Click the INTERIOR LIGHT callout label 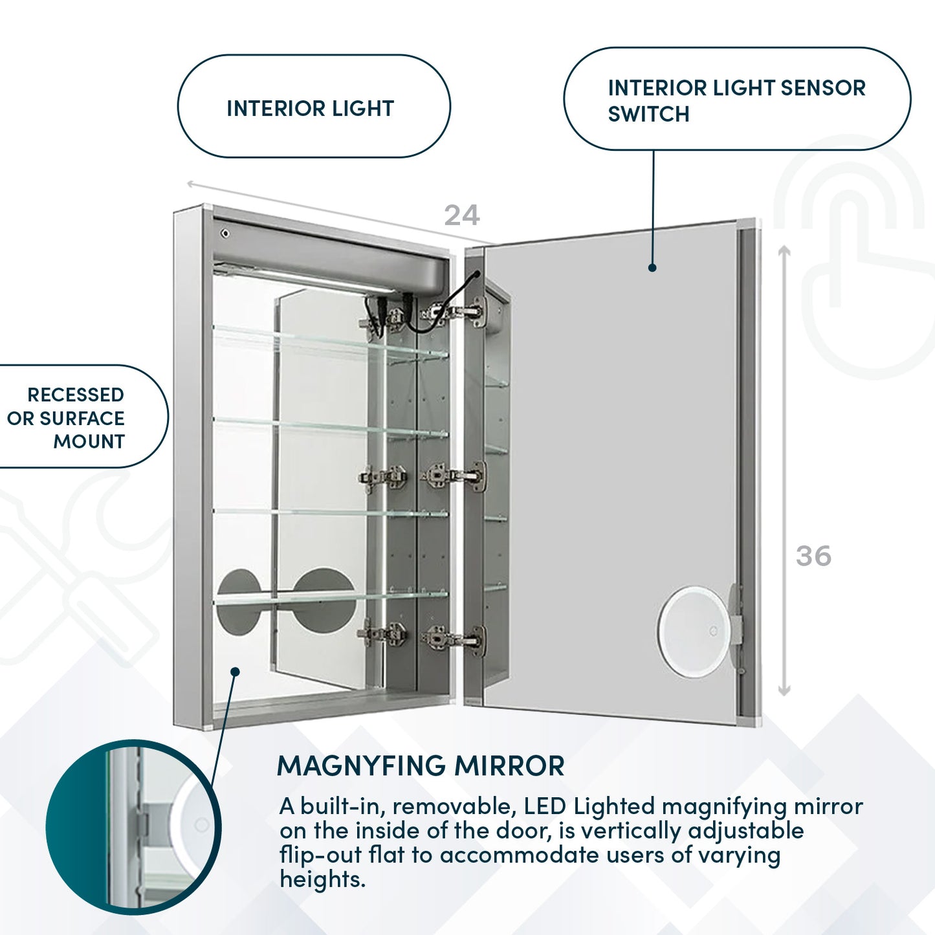click(x=311, y=108)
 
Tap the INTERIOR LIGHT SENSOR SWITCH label click(x=736, y=100)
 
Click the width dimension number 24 click(x=461, y=215)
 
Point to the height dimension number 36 click(x=813, y=556)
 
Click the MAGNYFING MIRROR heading click(x=421, y=765)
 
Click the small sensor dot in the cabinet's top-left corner click(x=225, y=233)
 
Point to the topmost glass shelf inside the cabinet click(x=330, y=341)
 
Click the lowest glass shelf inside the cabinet click(x=330, y=595)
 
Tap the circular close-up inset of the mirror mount click(x=133, y=827)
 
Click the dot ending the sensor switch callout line click(x=652, y=267)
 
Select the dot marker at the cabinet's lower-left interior click(x=236, y=672)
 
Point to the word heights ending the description click(x=322, y=879)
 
